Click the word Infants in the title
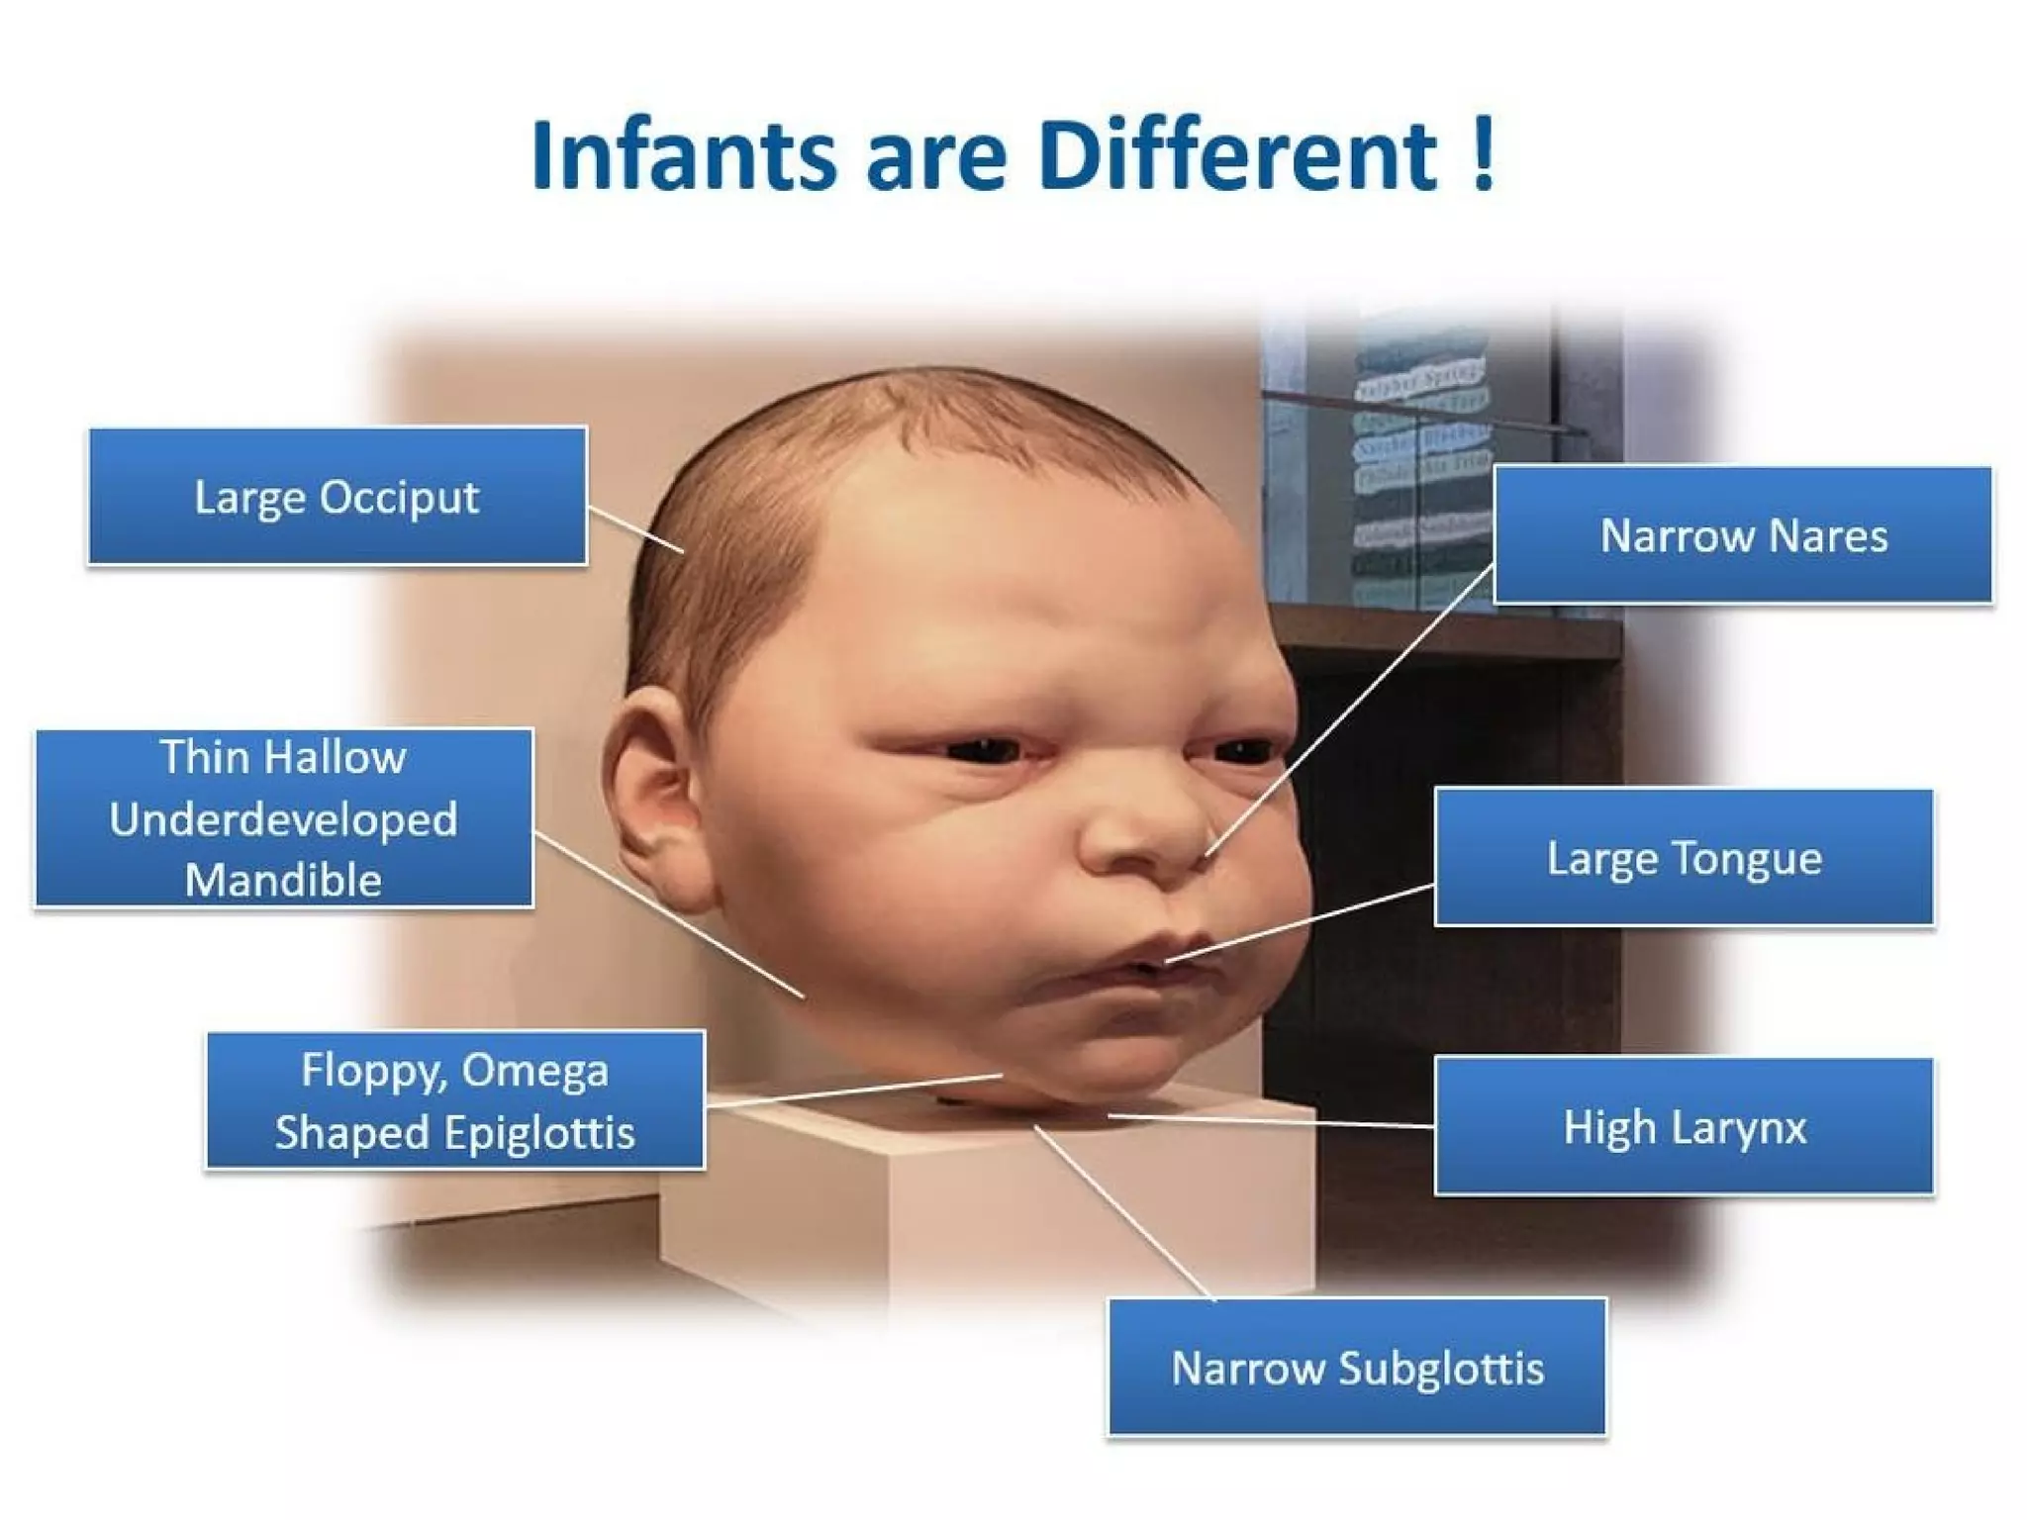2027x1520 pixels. coord(683,156)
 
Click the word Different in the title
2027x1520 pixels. coord(1237,156)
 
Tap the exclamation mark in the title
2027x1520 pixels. coord(1482,154)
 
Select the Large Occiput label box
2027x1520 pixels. coord(338,496)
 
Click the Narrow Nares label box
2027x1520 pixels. coord(1742,535)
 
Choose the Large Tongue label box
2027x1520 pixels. coord(1684,858)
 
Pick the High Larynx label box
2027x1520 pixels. coord(1684,1126)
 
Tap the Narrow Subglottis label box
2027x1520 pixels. coord(1357,1368)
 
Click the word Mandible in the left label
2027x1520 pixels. coord(283,880)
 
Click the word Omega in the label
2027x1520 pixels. coord(534,1071)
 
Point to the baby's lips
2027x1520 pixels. coord(1138,965)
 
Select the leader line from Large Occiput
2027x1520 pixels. coord(635,528)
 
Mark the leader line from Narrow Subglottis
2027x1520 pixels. coord(1123,1212)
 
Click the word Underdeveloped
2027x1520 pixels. coord(283,819)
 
